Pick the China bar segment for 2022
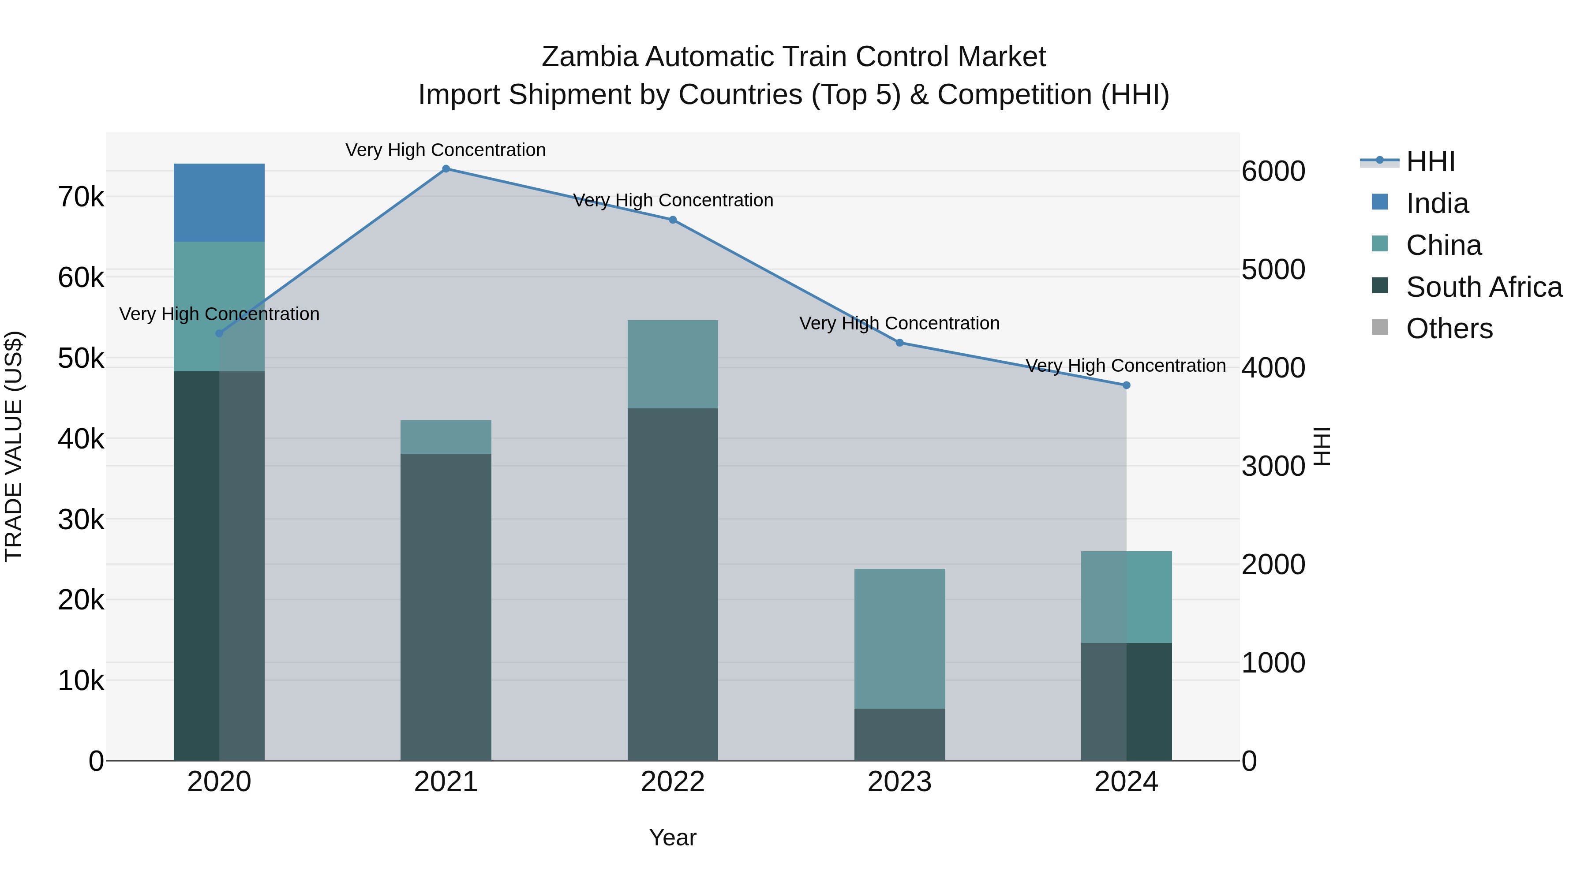click(x=673, y=364)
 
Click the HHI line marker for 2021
click(x=446, y=169)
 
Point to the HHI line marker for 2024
click(x=1126, y=385)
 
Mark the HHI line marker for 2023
click(x=899, y=343)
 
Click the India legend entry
click(x=1437, y=203)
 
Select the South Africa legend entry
click(x=1484, y=287)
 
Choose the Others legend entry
click(x=1449, y=329)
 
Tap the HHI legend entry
click(x=1430, y=161)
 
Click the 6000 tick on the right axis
click(x=1273, y=172)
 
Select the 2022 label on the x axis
click(x=673, y=782)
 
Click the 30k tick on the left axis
click(x=81, y=519)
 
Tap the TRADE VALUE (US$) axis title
click(x=14, y=446)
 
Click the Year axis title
click(x=673, y=837)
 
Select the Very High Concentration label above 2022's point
click(x=673, y=200)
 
